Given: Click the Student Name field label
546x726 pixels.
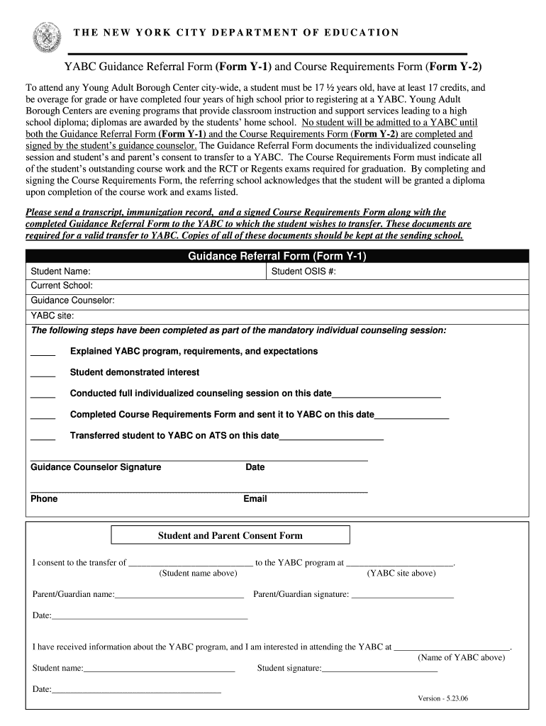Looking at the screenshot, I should tap(60, 271).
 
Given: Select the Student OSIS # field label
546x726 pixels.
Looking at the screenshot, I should tap(303, 271).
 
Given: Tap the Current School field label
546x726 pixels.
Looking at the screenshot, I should tap(62, 286).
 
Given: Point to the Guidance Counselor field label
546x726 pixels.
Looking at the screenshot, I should tap(72, 301).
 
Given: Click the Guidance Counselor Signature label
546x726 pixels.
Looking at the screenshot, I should tap(96, 467).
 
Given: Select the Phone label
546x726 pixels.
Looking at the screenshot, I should tap(44, 499).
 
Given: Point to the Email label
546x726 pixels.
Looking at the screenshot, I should tap(255, 499).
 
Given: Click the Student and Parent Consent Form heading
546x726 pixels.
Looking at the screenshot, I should tap(230, 536).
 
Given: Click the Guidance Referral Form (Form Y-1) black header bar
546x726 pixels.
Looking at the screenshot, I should tap(277, 257).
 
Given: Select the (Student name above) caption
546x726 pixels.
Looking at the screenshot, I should tap(198, 574).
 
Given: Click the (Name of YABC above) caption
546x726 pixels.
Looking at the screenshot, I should tap(461, 658).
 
